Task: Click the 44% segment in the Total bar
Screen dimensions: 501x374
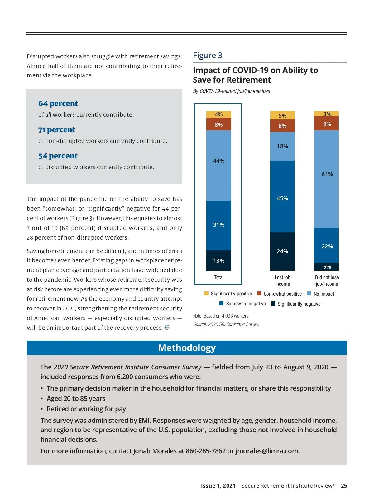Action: click(x=219, y=165)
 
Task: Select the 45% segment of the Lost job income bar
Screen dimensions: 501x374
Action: click(x=282, y=197)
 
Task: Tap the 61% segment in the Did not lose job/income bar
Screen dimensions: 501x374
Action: click(x=326, y=179)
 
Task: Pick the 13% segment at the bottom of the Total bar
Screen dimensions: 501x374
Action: click(x=219, y=260)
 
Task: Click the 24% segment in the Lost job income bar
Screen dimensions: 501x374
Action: click(x=282, y=251)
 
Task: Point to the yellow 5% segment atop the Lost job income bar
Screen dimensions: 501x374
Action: click(x=282, y=115)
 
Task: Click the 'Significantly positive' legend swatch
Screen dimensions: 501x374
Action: click(x=206, y=294)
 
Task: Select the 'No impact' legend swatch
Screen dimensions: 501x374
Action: click(x=309, y=294)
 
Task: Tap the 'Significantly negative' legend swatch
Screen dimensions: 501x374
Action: click(x=273, y=304)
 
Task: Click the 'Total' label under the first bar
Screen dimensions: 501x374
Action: click(x=219, y=277)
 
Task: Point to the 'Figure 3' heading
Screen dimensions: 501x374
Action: click(x=208, y=56)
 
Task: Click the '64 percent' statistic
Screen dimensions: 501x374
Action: click(x=58, y=104)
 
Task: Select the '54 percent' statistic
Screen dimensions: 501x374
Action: click(x=58, y=156)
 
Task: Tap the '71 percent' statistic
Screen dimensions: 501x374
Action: click(x=57, y=130)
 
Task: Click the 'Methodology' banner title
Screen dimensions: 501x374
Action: click(x=187, y=348)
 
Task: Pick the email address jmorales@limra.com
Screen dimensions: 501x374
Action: click(x=267, y=451)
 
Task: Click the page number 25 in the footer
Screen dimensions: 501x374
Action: click(x=344, y=486)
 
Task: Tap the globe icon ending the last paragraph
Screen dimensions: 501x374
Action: click(x=167, y=327)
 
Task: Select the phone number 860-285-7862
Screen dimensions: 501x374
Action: click(x=206, y=451)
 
